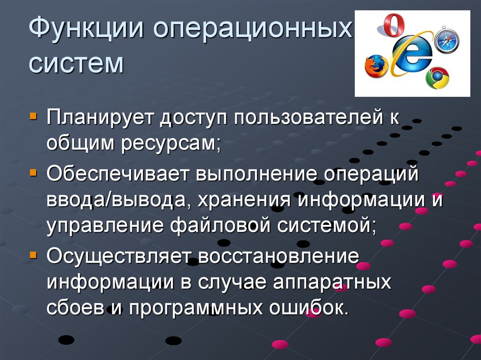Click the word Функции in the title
coord(86,28)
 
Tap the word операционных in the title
coord(252,29)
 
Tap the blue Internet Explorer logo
coord(412,54)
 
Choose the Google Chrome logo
coord(437,78)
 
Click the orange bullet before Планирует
coord(33,116)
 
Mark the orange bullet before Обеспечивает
coord(33,173)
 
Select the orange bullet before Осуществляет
coord(33,255)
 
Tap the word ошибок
coord(309,308)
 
